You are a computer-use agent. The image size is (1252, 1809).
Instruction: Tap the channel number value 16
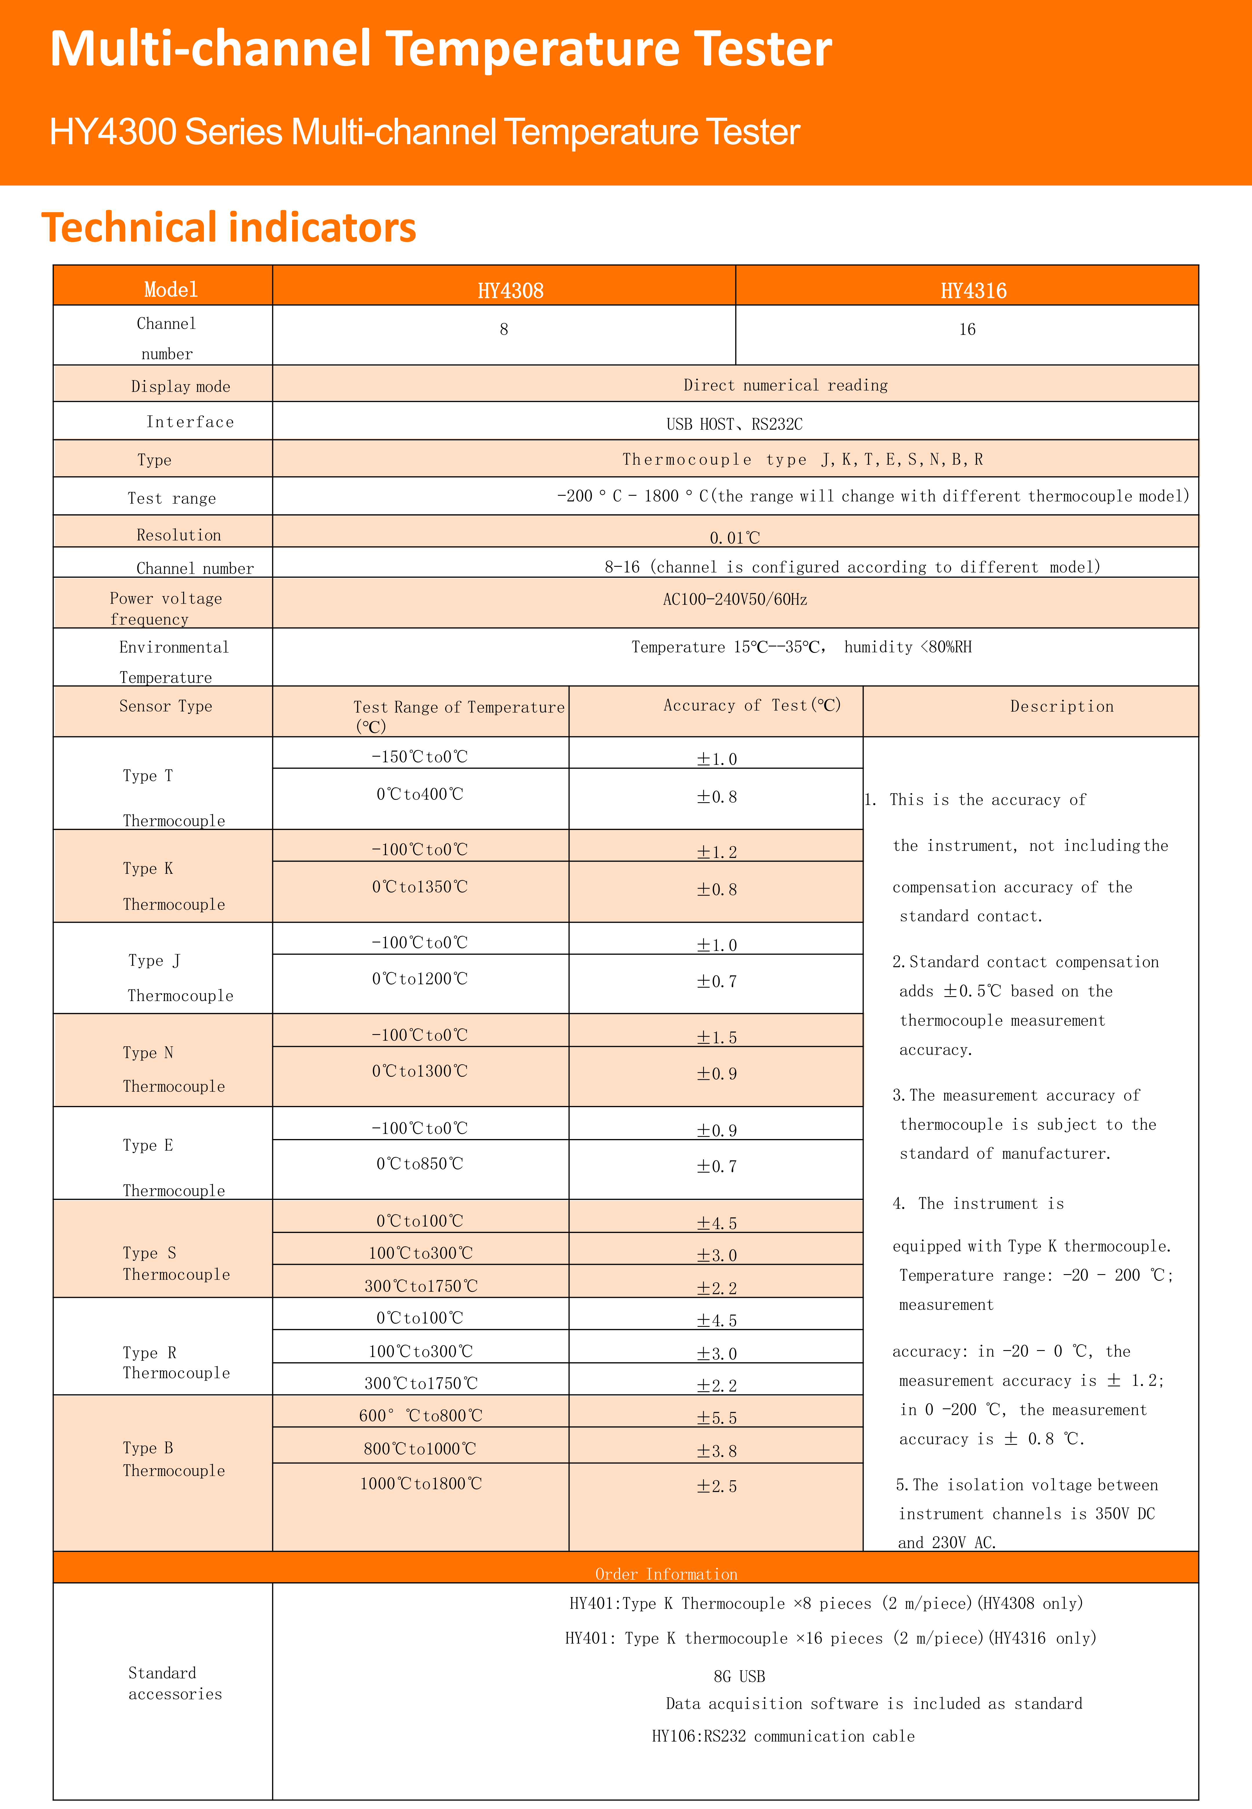click(x=967, y=330)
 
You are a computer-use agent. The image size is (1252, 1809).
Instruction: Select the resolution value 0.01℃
click(x=734, y=537)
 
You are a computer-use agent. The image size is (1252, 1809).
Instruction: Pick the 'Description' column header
click(x=1061, y=706)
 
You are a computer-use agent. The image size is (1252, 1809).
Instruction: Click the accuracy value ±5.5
click(x=717, y=1418)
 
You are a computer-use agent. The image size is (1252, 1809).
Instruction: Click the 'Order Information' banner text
click(x=666, y=1574)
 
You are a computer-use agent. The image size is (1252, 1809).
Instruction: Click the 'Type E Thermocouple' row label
click(x=173, y=1167)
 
